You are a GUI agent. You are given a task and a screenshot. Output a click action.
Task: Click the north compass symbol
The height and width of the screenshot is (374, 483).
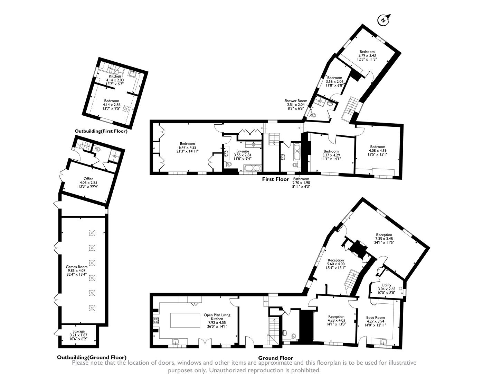384,20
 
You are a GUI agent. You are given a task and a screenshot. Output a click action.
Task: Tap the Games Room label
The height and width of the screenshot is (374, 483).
77,267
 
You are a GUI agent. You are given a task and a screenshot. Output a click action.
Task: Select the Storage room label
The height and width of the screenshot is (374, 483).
78,331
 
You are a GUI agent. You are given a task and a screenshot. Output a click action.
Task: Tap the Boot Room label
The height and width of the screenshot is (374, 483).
375,318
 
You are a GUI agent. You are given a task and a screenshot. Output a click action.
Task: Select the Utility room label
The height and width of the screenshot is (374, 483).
386,285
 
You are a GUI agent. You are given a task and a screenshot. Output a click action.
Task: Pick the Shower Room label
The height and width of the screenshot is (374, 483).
296,101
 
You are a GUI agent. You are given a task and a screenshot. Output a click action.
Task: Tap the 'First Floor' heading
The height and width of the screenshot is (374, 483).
275,179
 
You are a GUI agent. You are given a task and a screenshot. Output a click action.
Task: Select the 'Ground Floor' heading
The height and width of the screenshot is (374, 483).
276,358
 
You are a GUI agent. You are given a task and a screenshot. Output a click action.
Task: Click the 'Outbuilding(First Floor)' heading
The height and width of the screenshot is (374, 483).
101,131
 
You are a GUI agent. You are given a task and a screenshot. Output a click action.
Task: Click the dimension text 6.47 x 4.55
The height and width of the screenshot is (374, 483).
187,147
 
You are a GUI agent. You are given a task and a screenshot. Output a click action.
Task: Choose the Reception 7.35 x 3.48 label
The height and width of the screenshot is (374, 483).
384,235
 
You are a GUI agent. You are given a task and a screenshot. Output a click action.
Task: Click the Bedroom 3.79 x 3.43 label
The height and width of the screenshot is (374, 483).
367,52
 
